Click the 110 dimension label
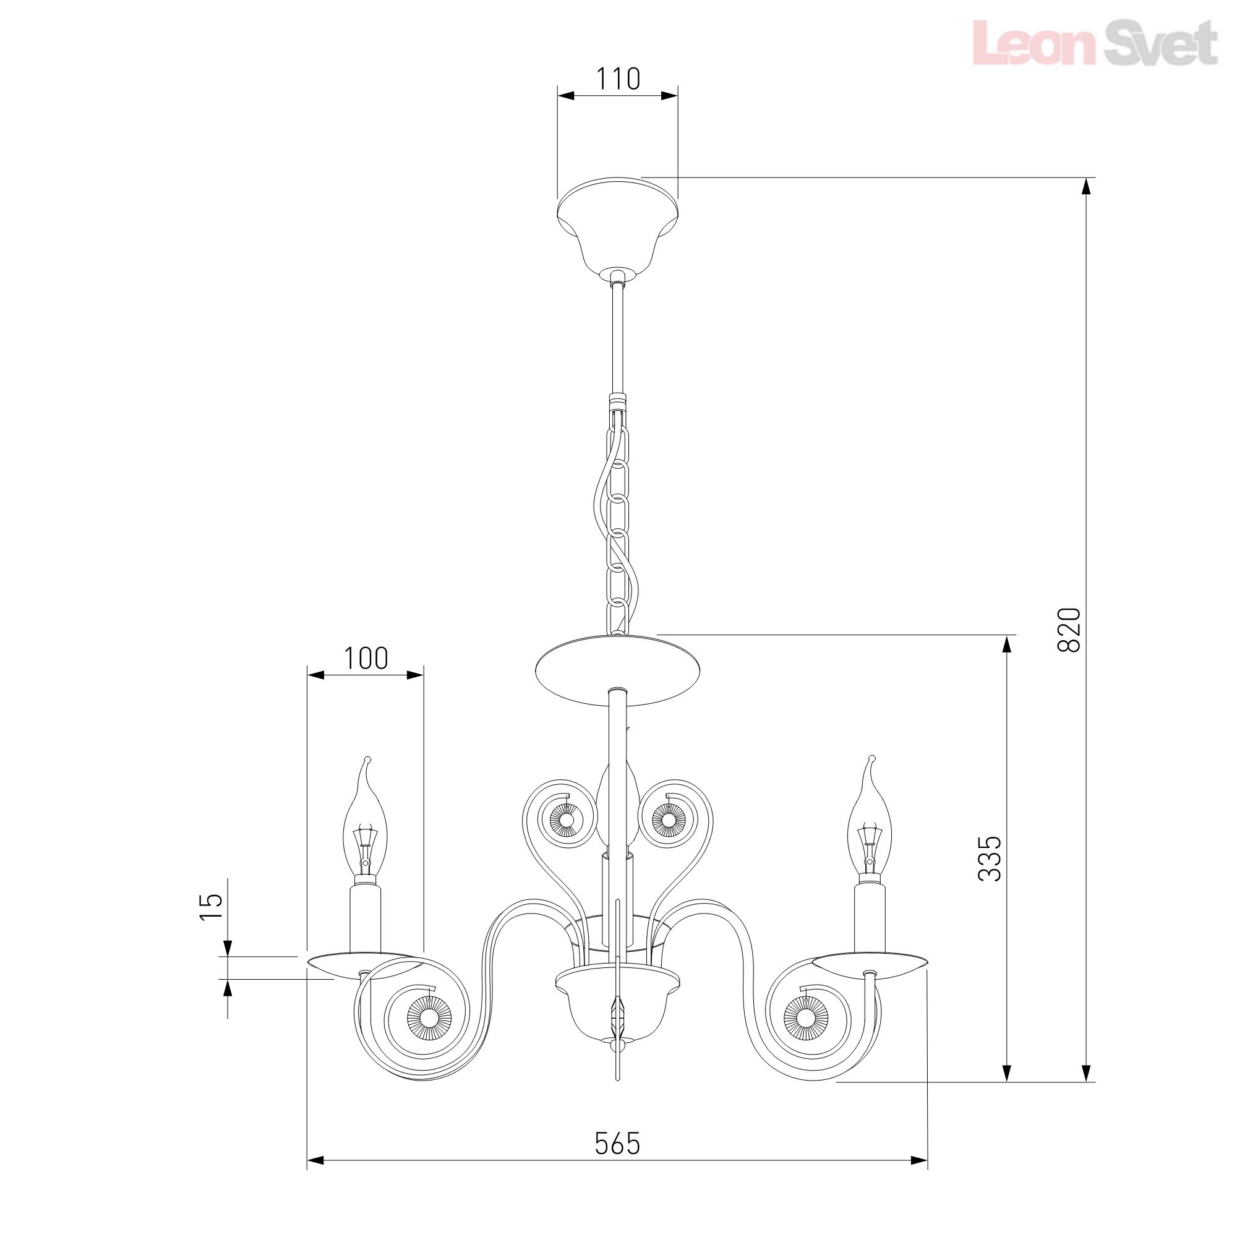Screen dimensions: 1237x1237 (618, 79)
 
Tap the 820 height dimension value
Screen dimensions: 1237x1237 (1069, 630)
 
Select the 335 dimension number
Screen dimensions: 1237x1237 (989, 858)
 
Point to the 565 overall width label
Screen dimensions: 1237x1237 (617, 1143)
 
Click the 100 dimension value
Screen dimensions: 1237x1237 (366, 657)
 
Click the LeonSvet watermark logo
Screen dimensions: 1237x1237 (1095, 42)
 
